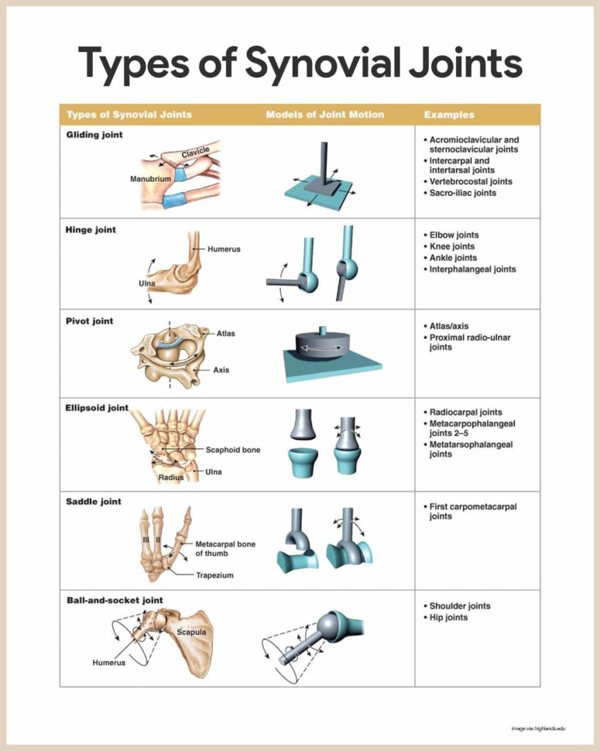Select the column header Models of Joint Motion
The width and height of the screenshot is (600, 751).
click(324, 115)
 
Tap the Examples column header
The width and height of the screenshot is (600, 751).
click(449, 115)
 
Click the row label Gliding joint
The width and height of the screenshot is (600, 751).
click(94, 135)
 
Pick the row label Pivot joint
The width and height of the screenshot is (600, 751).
click(90, 321)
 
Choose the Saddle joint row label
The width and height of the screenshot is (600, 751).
click(93, 502)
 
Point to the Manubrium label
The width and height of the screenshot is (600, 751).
click(150, 179)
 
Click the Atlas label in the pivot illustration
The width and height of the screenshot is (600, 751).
click(225, 334)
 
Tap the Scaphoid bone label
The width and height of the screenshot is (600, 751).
click(233, 450)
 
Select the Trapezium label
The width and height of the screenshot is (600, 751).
click(214, 575)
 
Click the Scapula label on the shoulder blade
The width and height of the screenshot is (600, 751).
click(192, 632)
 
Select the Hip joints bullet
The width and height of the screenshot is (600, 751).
click(448, 618)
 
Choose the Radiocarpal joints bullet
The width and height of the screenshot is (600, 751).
click(465, 413)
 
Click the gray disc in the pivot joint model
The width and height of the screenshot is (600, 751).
click(324, 343)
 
